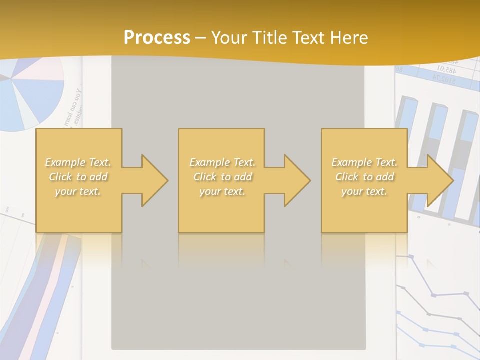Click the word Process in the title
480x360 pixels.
157,38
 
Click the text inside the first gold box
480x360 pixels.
78,177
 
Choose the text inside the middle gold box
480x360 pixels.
222,177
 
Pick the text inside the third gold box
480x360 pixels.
364,177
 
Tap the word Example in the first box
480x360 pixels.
64,162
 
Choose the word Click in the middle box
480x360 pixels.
204,177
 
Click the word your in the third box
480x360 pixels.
352,191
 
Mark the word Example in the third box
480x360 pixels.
350,162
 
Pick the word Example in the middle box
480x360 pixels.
208,162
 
